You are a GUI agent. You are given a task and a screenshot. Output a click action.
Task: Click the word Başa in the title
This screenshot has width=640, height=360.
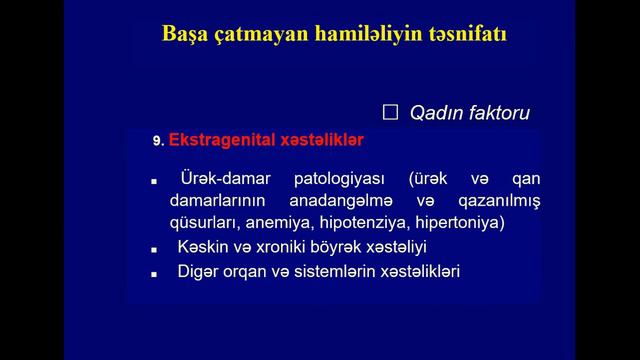click(x=187, y=37)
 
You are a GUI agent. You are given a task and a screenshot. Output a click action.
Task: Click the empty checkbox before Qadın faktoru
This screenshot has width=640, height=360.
click(x=391, y=112)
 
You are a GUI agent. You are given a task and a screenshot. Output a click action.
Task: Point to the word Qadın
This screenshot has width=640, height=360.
click(x=434, y=113)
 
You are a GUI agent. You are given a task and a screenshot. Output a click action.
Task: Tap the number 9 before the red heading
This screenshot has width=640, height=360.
click(x=157, y=142)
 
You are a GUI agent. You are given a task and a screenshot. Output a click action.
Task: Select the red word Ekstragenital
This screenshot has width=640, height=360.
click(x=217, y=141)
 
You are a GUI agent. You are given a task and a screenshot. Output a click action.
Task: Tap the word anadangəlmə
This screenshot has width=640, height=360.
click(x=326, y=201)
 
